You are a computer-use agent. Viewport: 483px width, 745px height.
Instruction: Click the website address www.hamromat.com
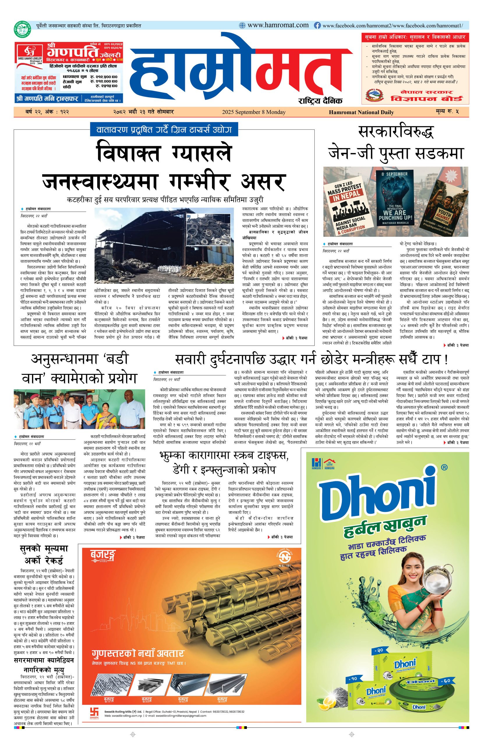point(277,25)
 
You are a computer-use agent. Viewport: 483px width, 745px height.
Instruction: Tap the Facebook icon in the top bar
point(317,26)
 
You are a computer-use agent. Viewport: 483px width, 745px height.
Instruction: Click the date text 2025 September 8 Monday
point(254,112)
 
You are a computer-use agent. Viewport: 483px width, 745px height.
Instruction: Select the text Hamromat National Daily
point(361,112)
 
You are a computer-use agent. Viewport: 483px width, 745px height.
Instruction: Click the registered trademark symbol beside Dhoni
point(444,468)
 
